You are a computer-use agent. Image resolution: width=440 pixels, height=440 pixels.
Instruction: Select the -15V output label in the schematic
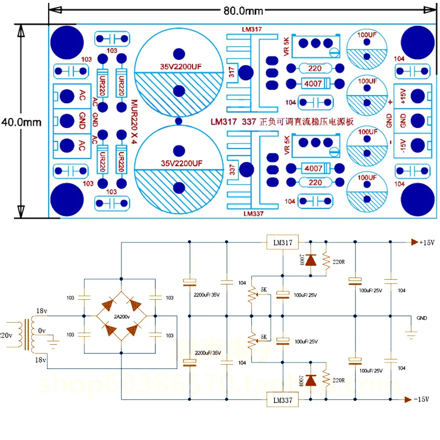424,400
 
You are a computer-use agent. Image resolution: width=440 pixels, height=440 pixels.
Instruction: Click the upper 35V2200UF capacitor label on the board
178,67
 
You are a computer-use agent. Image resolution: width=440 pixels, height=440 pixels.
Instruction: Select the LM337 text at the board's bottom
252,213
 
